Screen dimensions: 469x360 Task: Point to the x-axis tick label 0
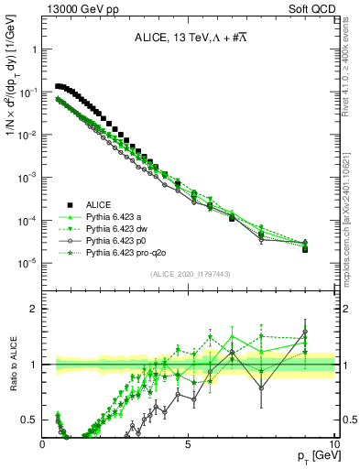tap(43, 444)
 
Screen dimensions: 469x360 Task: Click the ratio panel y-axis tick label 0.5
tap(29, 420)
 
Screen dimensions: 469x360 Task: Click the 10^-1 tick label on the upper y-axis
tap(28, 93)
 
